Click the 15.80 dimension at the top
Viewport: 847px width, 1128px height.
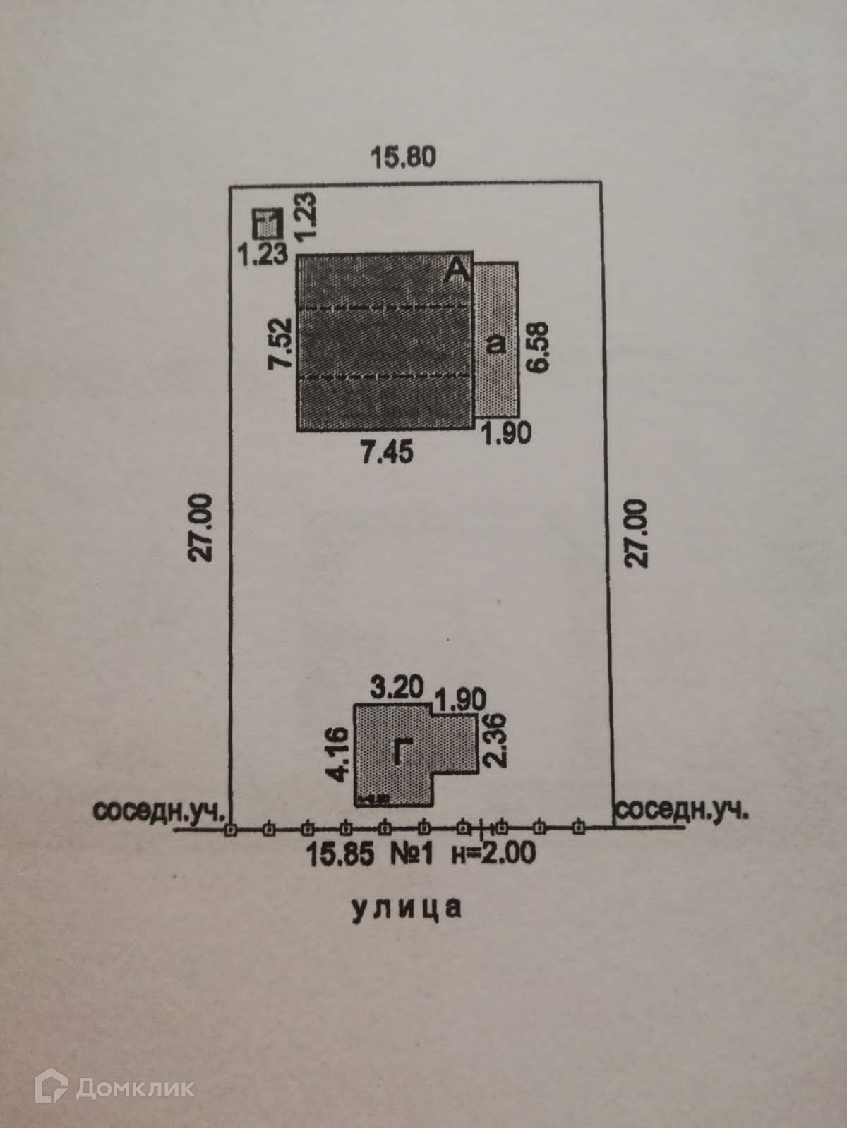(x=404, y=157)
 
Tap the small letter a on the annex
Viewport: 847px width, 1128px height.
(x=498, y=344)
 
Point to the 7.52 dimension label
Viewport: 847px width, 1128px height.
(x=282, y=343)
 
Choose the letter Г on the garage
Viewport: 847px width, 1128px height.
(x=400, y=753)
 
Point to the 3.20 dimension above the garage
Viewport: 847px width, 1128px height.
(x=397, y=686)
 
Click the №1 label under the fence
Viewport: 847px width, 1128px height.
(x=412, y=855)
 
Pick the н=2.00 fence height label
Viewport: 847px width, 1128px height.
(x=493, y=854)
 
